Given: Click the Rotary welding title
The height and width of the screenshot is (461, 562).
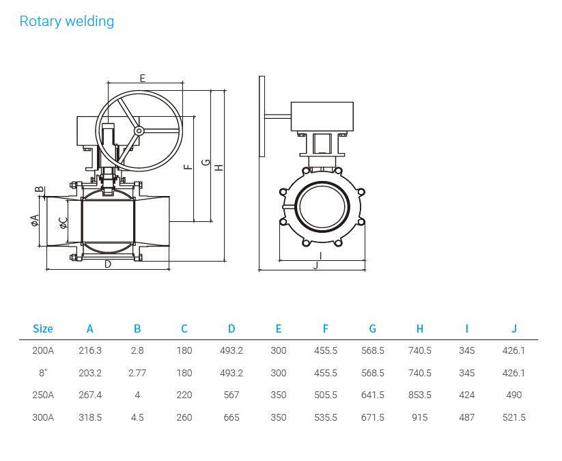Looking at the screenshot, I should [66, 21].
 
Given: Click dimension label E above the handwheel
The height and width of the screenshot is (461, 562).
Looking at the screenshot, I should [142, 78].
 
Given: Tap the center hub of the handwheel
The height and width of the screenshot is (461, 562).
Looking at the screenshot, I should [139, 130].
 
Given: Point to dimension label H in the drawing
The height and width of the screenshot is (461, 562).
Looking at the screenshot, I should [219, 167].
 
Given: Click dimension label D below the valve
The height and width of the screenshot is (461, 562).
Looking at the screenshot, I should [108, 264].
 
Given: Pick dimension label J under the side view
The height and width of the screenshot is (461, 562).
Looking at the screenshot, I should [315, 265].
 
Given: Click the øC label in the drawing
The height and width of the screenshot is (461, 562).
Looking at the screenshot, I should [63, 222].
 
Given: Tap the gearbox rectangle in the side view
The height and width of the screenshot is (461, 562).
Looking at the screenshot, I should [322, 116].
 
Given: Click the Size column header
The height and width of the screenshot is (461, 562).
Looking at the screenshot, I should [42, 329].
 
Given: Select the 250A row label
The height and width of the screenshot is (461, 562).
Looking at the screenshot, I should [42, 395].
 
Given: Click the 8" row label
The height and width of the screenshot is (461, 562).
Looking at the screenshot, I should [42, 373].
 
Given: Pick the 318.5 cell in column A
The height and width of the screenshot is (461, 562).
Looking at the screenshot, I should [90, 417].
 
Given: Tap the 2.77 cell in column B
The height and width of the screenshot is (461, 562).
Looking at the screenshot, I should [137, 373].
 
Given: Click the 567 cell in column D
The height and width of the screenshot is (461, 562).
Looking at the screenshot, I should [231, 395].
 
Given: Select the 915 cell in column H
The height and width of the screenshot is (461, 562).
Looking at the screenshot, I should [420, 417].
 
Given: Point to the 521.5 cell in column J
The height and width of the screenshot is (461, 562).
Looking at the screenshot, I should [514, 417].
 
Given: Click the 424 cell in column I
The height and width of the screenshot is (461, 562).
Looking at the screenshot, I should [467, 395].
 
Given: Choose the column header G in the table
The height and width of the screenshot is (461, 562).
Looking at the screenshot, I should [373, 329].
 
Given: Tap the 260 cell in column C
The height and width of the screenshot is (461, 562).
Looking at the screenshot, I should [184, 417].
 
